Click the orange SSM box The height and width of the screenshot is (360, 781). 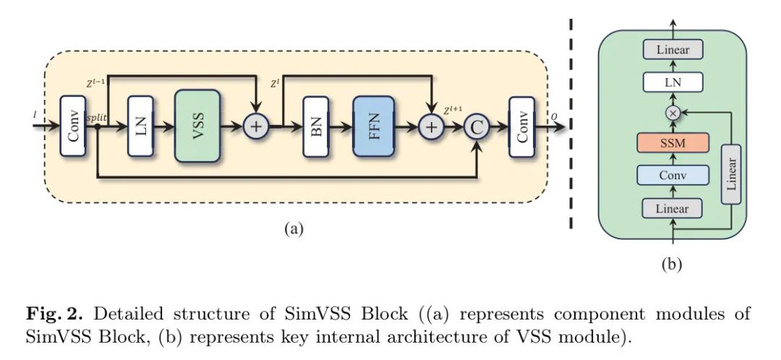tap(673, 142)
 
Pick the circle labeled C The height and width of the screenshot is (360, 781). tap(477, 126)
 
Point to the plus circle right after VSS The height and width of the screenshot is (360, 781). tap(255, 126)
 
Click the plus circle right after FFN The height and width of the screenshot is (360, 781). tap(431, 126)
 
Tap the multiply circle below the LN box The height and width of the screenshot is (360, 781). tap(673, 113)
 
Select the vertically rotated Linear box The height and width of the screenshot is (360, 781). tap(730, 174)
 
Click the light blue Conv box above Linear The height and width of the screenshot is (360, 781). tap(673, 175)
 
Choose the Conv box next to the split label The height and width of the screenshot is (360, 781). tap(73, 126)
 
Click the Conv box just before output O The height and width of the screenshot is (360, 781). tap(522, 126)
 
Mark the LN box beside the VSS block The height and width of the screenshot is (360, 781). tap(140, 126)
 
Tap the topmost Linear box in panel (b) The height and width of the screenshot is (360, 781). tap(673, 50)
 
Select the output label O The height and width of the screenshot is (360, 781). tap(554, 116)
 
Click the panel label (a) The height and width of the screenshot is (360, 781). tap(293, 229)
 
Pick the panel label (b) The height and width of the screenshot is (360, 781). tap(672, 265)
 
